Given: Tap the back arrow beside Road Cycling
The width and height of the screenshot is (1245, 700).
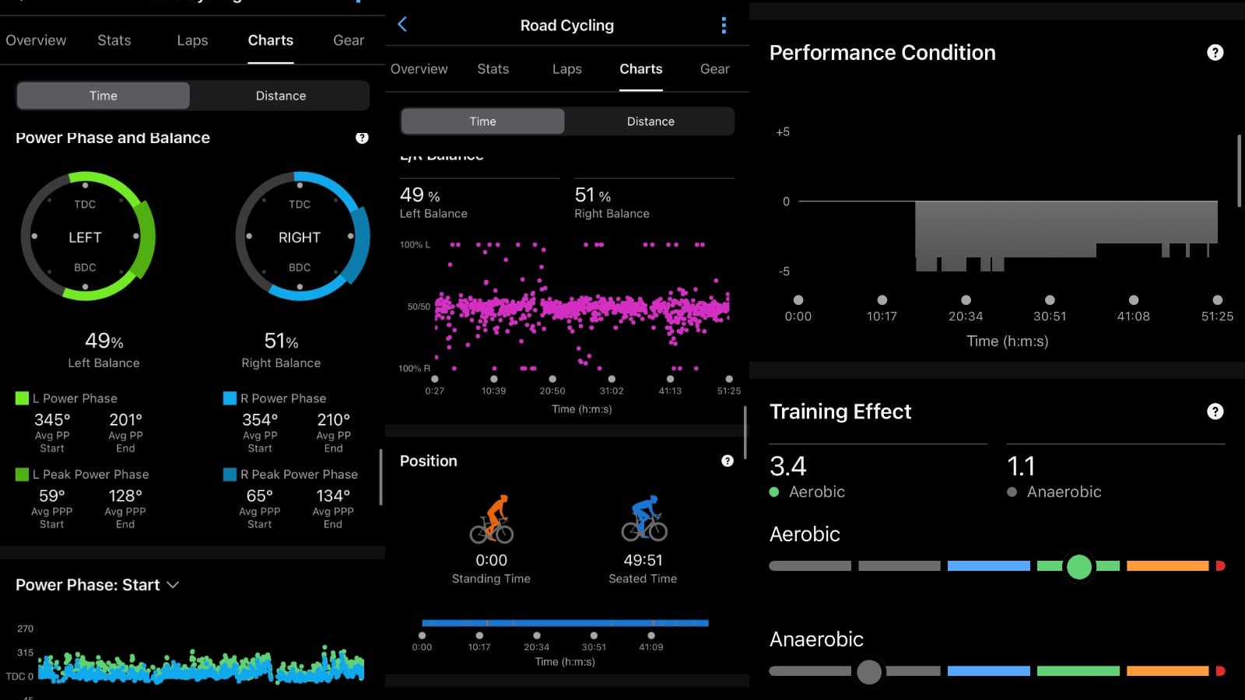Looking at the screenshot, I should point(402,25).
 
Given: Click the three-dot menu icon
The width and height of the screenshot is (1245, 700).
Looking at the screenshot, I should point(724,26).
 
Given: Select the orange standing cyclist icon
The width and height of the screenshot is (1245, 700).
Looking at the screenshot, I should point(492,520).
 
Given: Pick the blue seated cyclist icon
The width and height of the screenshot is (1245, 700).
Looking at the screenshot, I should point(644,519).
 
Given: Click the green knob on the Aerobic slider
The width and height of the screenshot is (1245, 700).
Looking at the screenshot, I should point(1078,566).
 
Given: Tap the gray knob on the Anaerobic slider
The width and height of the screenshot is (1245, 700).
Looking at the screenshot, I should point(868,671).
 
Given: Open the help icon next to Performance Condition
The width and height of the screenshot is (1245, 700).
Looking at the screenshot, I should point(1215,53).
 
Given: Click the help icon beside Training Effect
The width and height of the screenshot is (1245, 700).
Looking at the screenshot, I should point(1215,411).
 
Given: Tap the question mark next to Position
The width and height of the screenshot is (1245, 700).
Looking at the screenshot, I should point(728,461).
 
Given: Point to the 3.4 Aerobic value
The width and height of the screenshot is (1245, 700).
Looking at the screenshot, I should point(787,466).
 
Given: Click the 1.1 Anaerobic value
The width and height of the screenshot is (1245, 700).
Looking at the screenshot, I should point(1021,466).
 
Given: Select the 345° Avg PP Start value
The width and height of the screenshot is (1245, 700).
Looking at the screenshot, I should point(52,420).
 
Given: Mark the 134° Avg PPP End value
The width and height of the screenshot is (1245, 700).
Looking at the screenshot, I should point(333,496).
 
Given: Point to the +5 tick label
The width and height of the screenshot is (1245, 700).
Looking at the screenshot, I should point(783,132).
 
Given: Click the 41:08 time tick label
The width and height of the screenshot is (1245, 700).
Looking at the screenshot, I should point(1133,317).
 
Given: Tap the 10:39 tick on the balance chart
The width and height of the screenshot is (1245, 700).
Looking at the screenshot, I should point(493,390).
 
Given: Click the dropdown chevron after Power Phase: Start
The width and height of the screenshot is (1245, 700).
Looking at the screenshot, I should point(173,585).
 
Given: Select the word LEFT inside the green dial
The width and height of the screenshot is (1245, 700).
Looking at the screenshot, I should point(85,237).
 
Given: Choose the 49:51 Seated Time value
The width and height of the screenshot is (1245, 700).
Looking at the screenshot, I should point(643,560).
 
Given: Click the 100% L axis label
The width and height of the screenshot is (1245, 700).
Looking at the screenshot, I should point(415,245).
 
